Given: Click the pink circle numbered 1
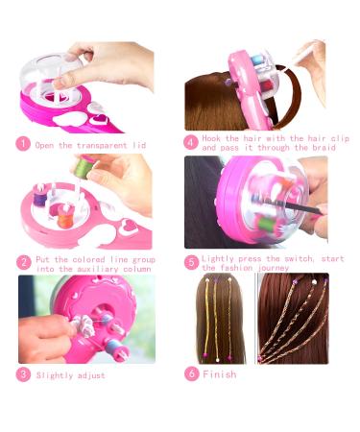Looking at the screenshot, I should tap(23, 145).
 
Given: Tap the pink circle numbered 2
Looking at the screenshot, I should tap(23, 261).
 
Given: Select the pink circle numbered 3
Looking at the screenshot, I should tap(23, 374).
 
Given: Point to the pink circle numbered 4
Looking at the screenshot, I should tap(191, 143).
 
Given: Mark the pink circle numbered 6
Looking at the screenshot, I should tap(191, 374).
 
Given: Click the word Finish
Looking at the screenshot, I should tap(219, 374).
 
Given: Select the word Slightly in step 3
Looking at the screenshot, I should tap(55, 375).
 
